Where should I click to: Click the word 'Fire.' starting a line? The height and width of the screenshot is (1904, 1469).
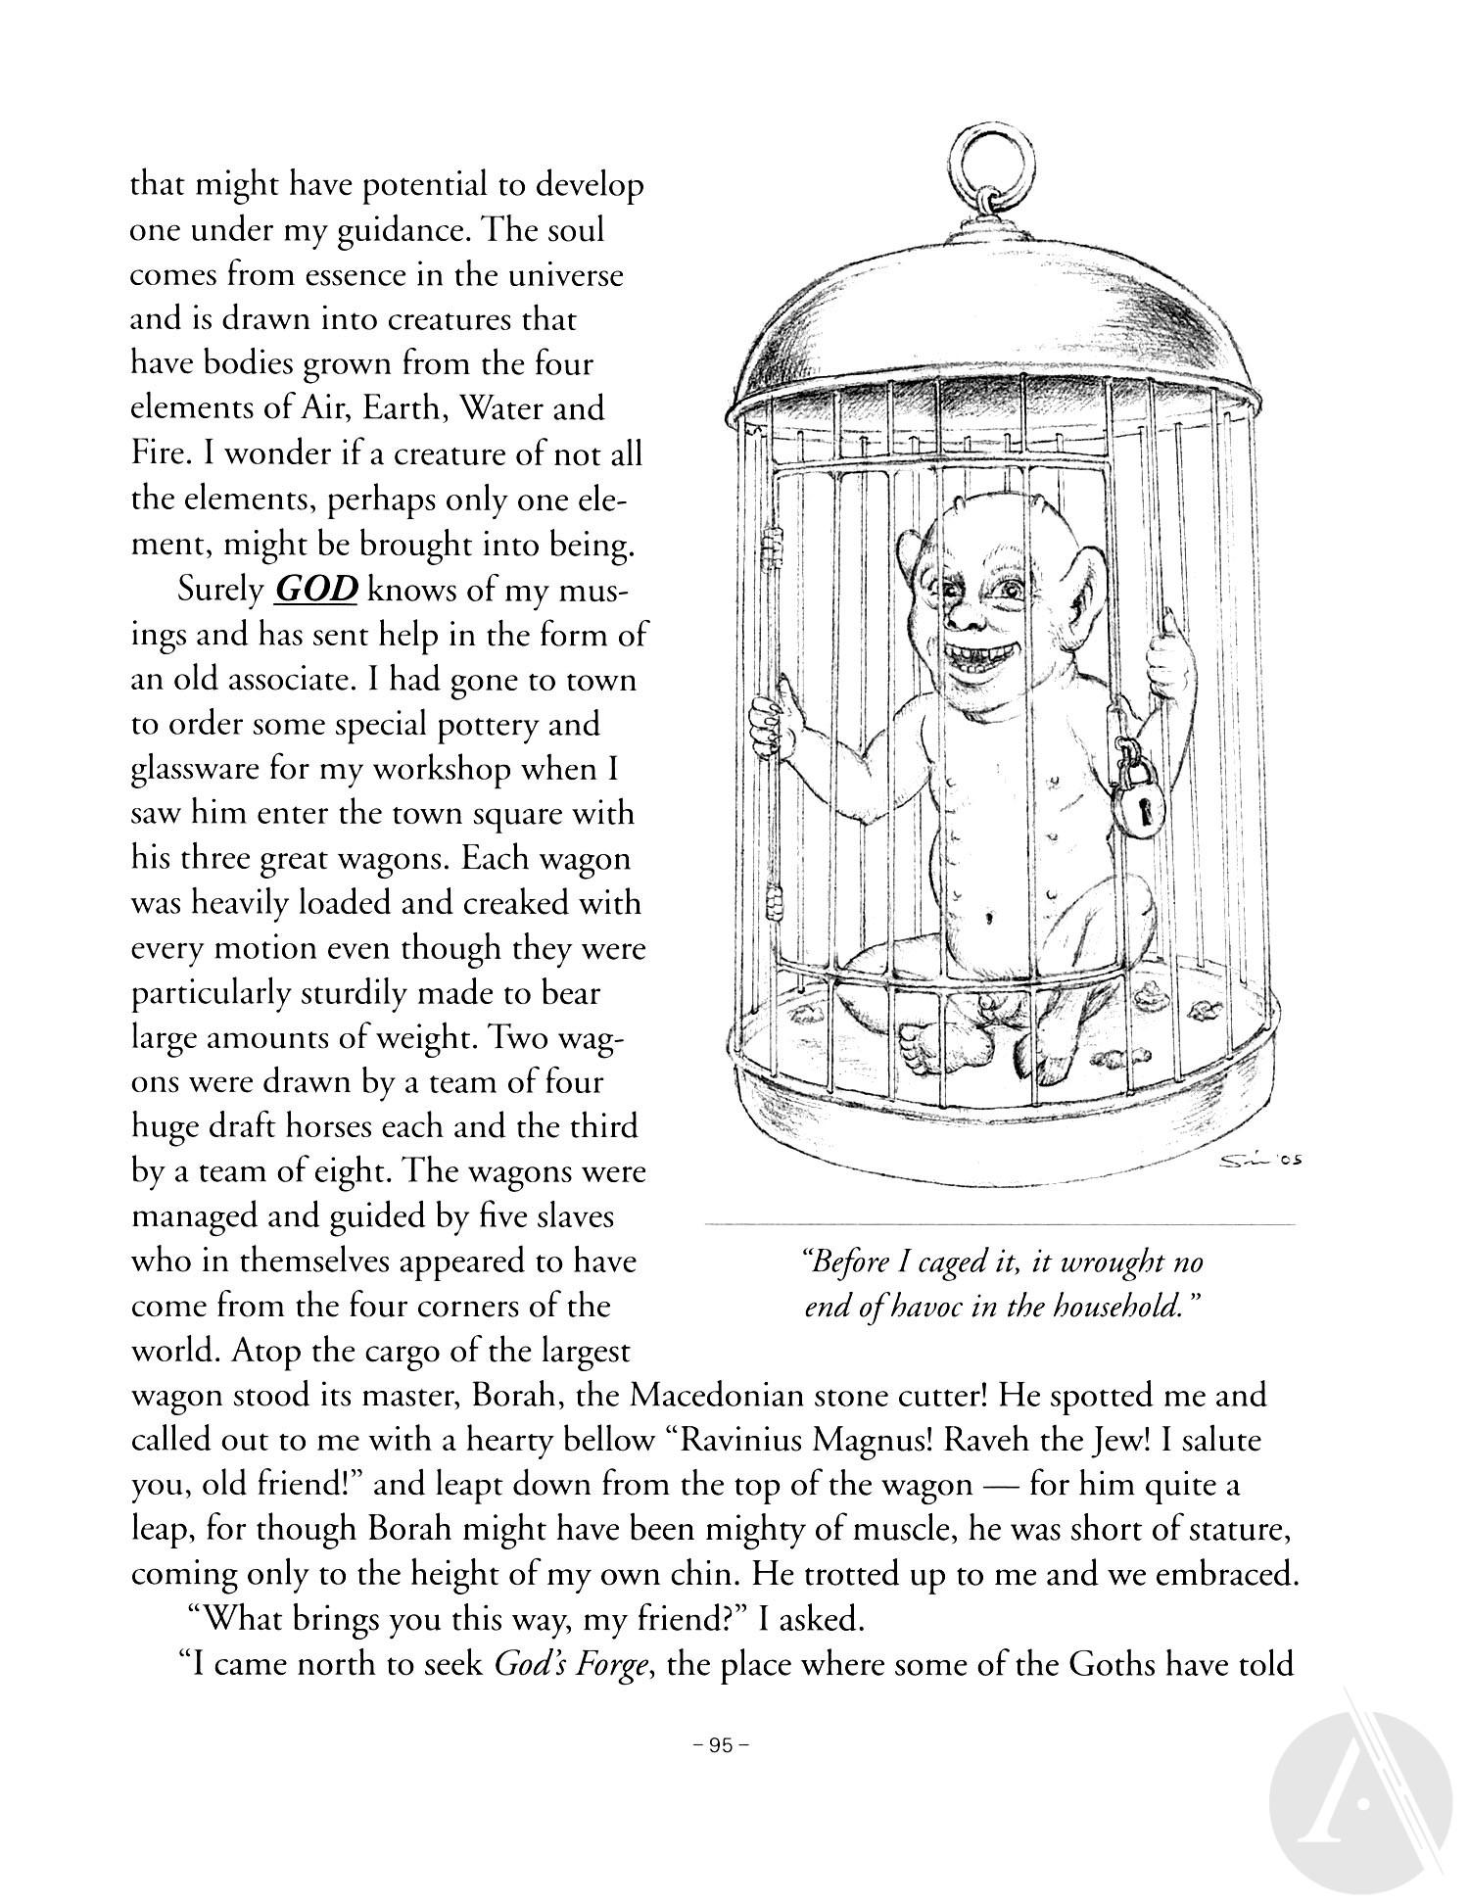click(x=161, y=454)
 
